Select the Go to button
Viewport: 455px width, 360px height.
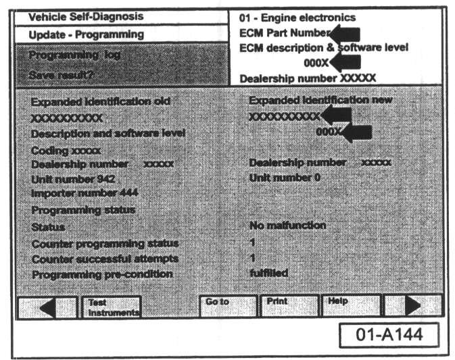point(227,305)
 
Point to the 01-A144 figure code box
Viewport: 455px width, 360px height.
point(388,334)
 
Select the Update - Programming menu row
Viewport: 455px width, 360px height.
point(87,34)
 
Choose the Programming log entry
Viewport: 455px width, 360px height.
point(75,55)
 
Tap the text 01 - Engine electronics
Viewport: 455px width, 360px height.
point(297,17)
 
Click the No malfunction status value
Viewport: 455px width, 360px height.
point(287,226)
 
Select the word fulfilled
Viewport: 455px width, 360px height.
point(268,273)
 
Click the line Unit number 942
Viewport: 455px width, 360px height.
point(73,179)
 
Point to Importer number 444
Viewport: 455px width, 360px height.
point(85,194)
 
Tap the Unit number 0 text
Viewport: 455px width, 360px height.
point(284,178)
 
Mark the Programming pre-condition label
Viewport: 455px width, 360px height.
point(101,274)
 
